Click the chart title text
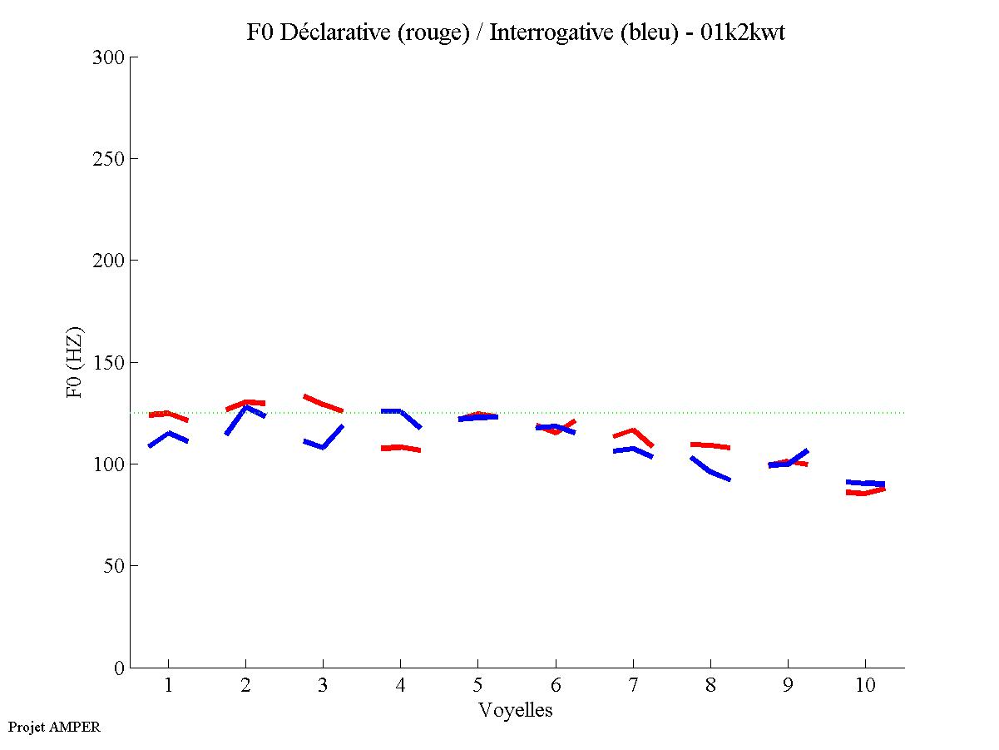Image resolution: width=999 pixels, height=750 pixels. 516,32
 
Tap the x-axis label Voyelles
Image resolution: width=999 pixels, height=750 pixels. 516,710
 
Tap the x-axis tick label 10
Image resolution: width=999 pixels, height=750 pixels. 865,686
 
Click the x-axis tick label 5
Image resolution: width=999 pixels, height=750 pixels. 477,686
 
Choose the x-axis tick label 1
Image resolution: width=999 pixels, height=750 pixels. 169,686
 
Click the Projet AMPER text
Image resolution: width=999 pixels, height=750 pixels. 54,727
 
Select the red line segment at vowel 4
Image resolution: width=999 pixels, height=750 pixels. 400,448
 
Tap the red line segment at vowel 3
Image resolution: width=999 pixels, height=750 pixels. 323,404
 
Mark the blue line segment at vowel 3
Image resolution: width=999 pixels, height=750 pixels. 323,446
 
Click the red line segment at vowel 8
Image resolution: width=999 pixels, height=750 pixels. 710,445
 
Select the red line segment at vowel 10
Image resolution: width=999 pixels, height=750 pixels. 865,493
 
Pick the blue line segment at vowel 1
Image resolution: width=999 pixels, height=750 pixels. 169,434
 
